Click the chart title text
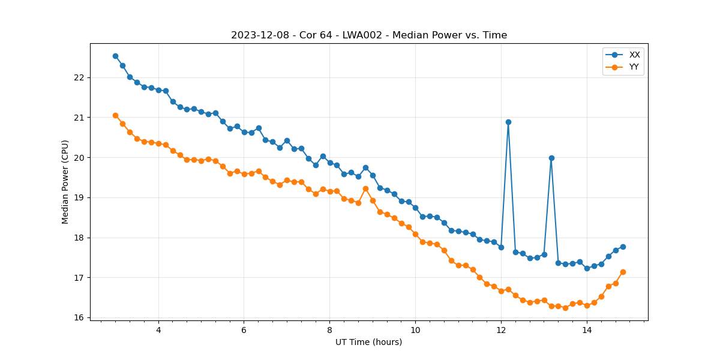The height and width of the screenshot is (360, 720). pyautogui.click(x=369, y=35)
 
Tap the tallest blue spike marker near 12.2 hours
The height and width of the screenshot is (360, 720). pyautogui.click(x=508, y=122)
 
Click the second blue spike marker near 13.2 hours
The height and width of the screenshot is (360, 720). pyautogui.click(x=551, y=158)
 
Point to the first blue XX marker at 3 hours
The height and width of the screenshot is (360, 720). pyautogui.click(x=115, y=56)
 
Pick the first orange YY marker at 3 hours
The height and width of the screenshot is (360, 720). pyautogui.click(x=115, y=115)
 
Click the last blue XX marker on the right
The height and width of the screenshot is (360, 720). pyautogui.click(x=623, y=247)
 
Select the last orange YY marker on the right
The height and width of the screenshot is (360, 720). pyautogui.click(x=623, y=272)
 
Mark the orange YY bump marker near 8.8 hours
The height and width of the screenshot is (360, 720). pyautogui.click(x=365, y=188)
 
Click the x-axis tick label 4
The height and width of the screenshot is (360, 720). pyautogui.click(x=158, y=330)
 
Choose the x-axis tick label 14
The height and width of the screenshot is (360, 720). pyautogui.click(x=587, y=330)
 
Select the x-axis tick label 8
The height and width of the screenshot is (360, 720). pyautogui.click(x=329, y=330)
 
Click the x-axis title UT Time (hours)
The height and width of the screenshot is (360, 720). pyautogui.click(x=369, y=343)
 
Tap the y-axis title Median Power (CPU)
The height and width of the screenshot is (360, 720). pyautogui.click(x=65, y=182)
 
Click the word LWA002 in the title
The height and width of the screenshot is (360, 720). pyautogui.click(x=363, y=35)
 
